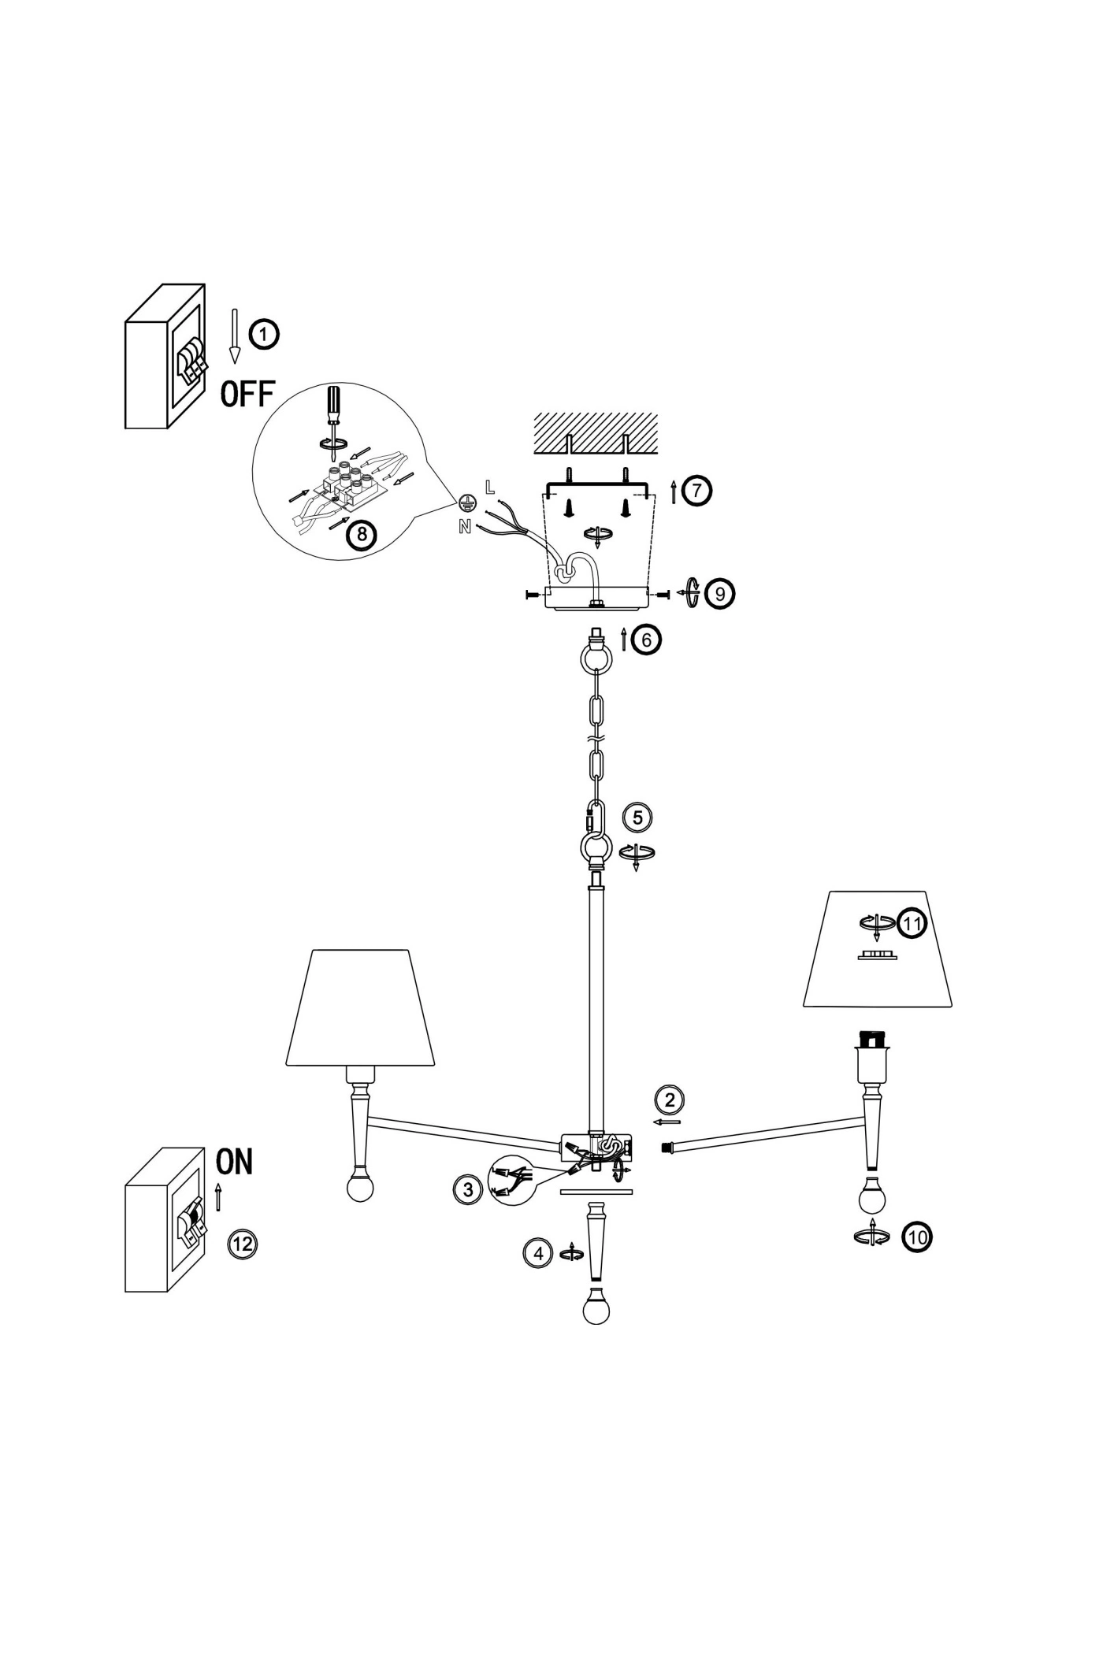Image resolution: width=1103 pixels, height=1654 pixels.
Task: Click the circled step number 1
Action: click(264, 334)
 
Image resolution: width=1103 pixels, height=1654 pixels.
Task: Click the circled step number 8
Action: click(362, 535)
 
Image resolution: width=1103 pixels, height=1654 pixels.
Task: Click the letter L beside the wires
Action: click(490, 487)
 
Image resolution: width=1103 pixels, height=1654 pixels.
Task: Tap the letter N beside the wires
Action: click(465, 527)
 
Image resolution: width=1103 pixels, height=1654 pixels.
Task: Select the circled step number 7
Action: click(696, 490)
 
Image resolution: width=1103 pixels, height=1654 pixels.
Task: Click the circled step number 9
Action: click(720, 593)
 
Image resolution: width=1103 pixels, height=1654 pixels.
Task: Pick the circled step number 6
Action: click(647, 640)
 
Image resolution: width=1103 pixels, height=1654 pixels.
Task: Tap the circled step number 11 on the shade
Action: click(912, 924)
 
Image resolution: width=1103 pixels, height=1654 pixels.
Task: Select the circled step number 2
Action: click(670, 1100)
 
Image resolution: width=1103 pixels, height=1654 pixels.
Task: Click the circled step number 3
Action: click(468, 1189)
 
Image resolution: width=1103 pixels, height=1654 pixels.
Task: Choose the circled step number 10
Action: click(917, 1237)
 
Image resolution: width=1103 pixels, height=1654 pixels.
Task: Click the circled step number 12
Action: click(242, 1244)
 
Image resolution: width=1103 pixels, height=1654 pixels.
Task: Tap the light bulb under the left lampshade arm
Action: click(360, 1187)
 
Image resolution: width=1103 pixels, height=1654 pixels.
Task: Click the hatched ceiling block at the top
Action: click(596, 432)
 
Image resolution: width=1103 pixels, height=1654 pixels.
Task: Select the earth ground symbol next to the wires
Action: click(466, 503)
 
